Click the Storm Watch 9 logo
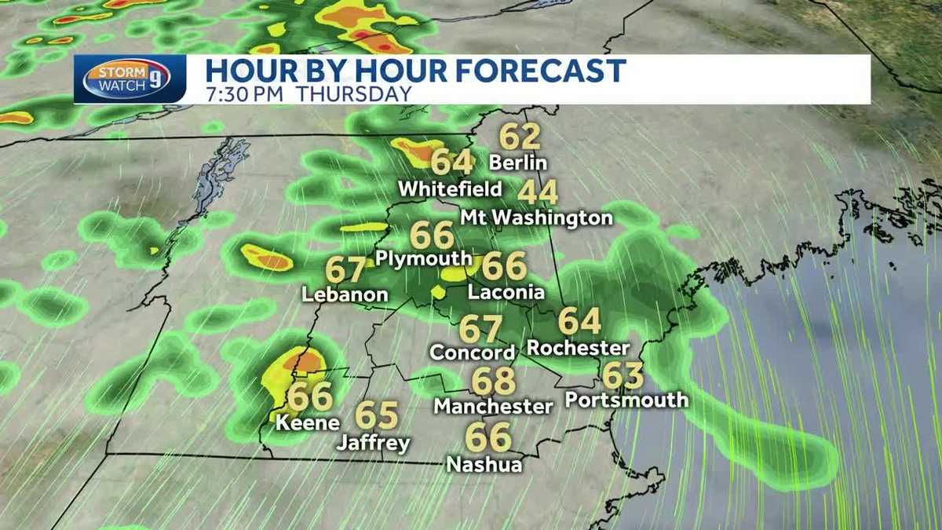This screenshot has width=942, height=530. pos(130,79)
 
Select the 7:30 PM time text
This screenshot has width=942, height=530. pos(243,93)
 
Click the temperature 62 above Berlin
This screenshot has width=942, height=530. pos(520,137)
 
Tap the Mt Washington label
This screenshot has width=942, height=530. pos(536,217)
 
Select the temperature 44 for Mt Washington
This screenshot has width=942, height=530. pos(538,192)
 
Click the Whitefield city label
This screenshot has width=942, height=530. pos(450,189)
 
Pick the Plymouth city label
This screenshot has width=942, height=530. pos(424,258)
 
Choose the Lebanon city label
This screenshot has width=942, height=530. pos(345,295)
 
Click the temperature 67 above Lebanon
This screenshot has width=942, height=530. pos(346,269)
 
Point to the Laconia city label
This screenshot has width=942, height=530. pos(506,292)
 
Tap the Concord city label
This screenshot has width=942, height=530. pos(472,353)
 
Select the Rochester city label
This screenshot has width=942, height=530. pos(579,347)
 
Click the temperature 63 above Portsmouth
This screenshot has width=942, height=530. pos(623,375)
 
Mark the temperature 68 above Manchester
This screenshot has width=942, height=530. pos(493,382)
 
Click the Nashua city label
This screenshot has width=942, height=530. pos(484,464)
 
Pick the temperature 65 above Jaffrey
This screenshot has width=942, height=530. pos(377,415)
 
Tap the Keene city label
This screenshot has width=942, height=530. pos(308,422)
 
